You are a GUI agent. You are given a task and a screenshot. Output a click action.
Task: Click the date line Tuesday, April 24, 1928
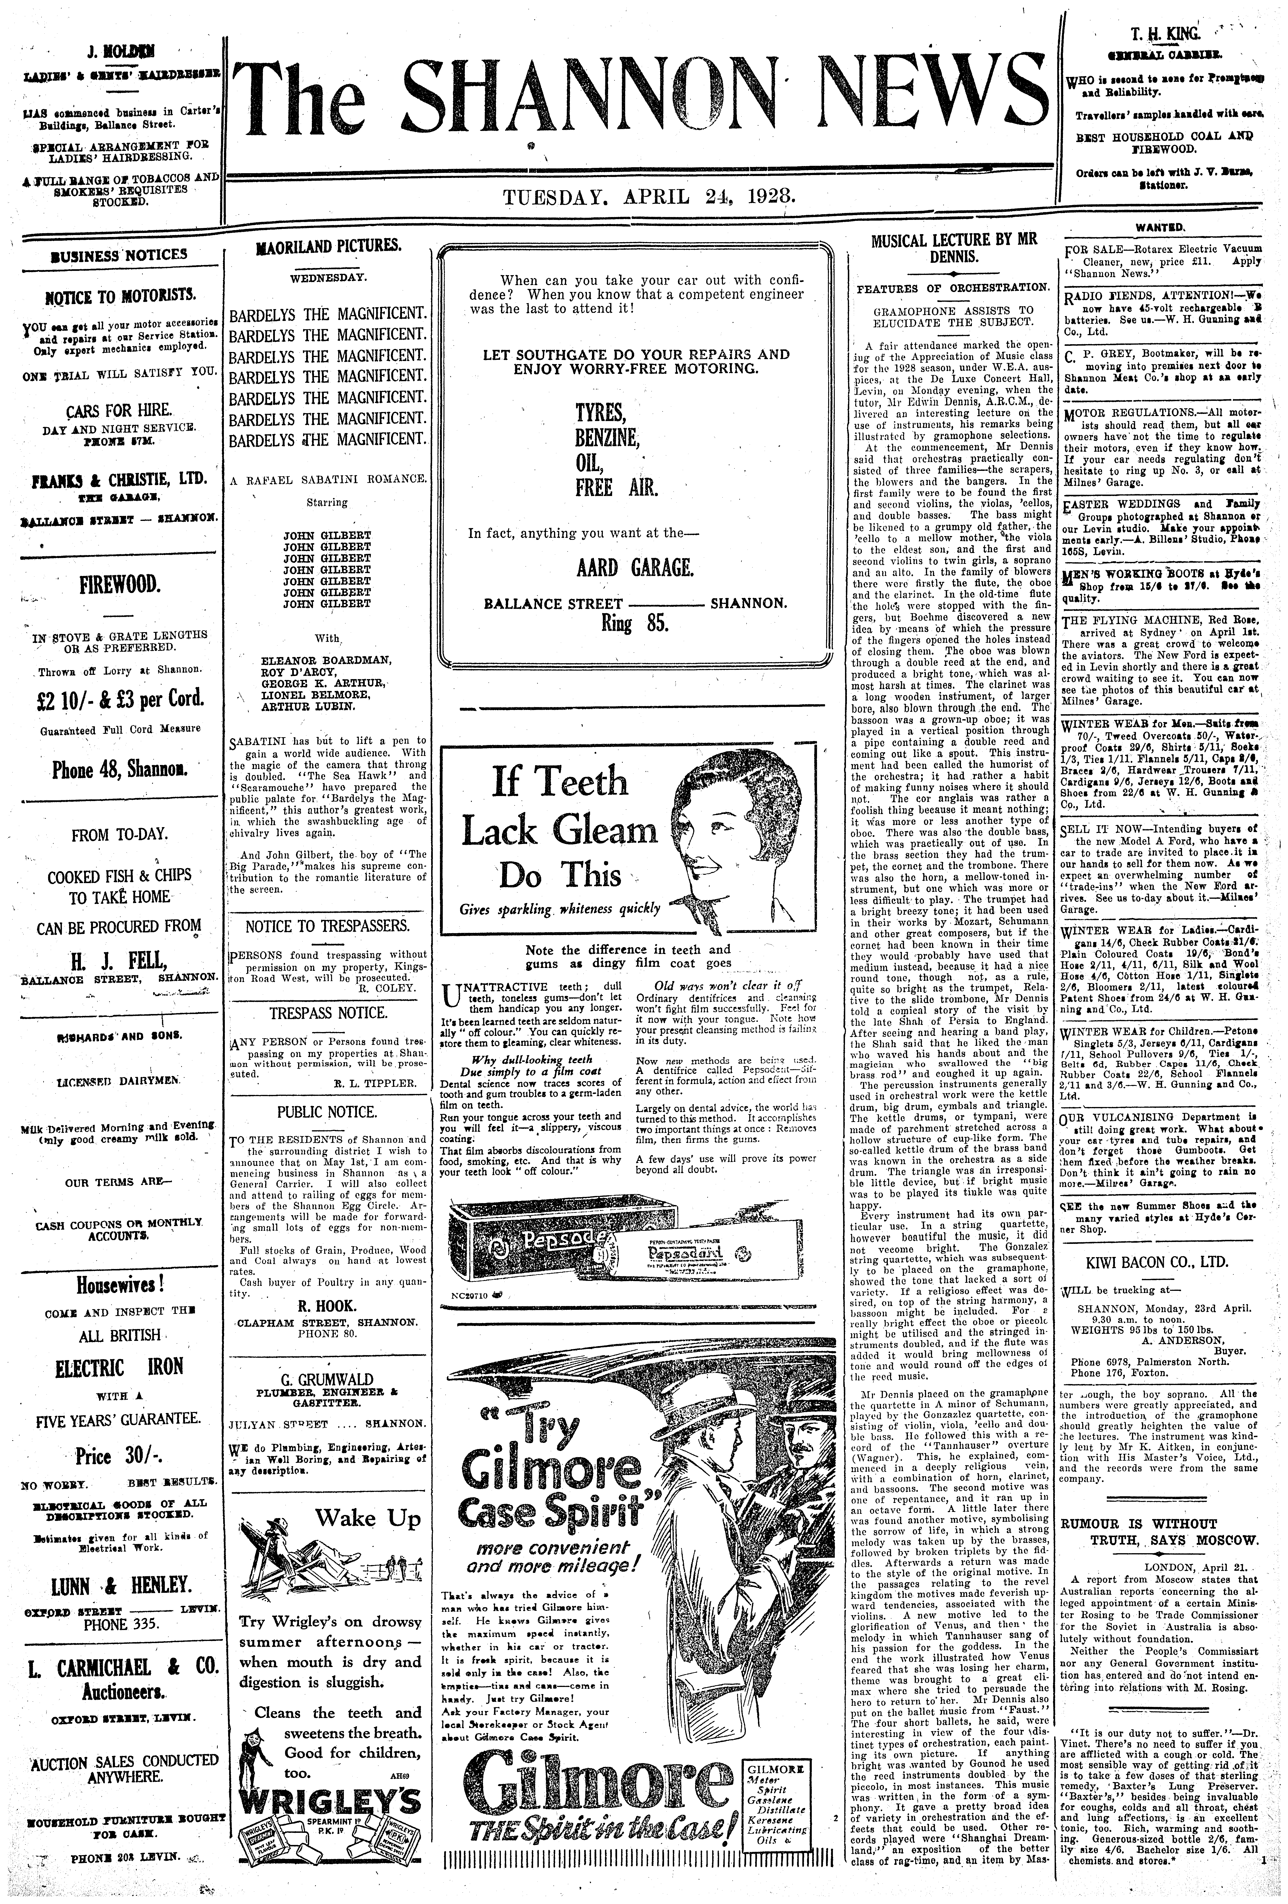(x=650, y=197)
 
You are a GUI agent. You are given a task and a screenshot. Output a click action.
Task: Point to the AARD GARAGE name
(x=636, y=567)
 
